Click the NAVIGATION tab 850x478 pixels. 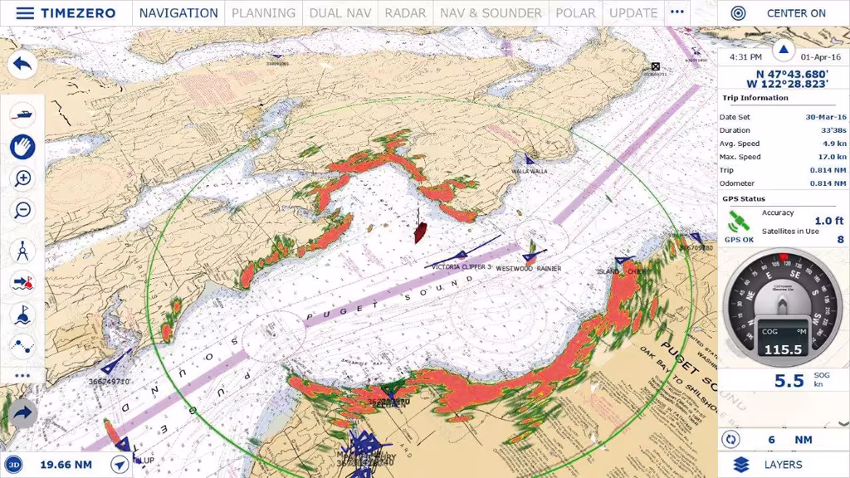(x=178, y=13)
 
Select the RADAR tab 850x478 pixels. (x=406, y=13)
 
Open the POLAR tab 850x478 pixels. (x=575, y=13)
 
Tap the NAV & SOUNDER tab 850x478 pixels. (x=491, y=13)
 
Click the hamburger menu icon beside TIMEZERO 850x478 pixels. (x=25, y=13)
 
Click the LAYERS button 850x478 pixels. (x=783, y=465)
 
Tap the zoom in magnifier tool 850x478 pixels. (x=23, y=178)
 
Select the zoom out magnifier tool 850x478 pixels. (x=23, y=210)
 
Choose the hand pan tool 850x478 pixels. (x=23, y=147)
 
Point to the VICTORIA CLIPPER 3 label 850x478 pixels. (x=462, y=267)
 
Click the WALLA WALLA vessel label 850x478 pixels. (x=529, y=172)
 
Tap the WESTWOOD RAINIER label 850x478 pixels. (x=528, y=269)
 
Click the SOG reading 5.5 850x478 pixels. (x=789, y=381)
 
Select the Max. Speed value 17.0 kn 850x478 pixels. (x=831, y=157)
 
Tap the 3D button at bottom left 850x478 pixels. (x=14, y=465)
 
